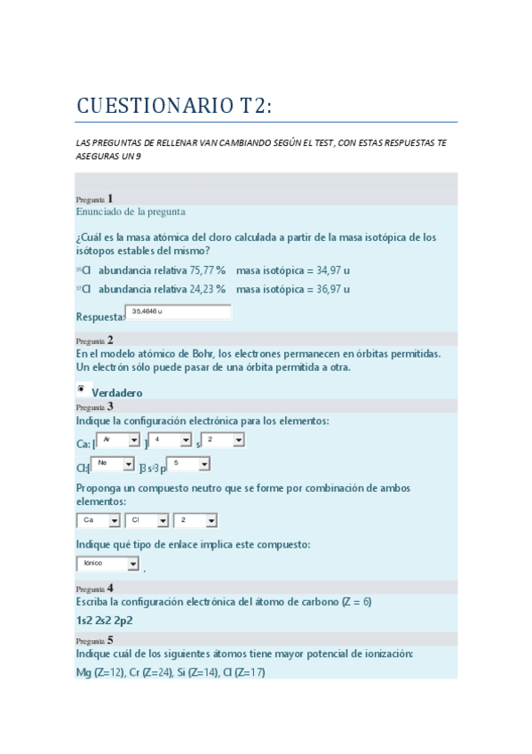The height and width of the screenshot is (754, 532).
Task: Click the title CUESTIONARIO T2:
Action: click(x=174, y=107)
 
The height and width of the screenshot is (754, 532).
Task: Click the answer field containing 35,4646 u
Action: click(x=179, y=312)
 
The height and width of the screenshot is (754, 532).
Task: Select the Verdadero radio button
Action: click(x=81, y=389)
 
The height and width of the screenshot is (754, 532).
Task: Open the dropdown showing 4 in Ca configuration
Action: click(x=171, y=440)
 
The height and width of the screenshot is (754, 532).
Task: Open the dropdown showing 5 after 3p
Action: click(x=188, y=464)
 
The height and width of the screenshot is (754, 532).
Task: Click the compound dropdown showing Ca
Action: click(x=99, y=520)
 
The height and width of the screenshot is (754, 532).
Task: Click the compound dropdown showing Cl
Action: click(x=146, y=520)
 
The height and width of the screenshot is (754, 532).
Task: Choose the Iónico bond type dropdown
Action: click(x=108, y=564)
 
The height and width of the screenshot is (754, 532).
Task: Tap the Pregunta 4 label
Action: click(x=94, y=589)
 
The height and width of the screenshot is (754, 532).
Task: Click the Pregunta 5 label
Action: click(x=94, y=640)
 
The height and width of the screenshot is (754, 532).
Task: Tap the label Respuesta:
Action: click(x=100, y=317)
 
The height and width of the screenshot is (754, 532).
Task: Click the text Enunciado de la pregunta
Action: click(x=131, y=212)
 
